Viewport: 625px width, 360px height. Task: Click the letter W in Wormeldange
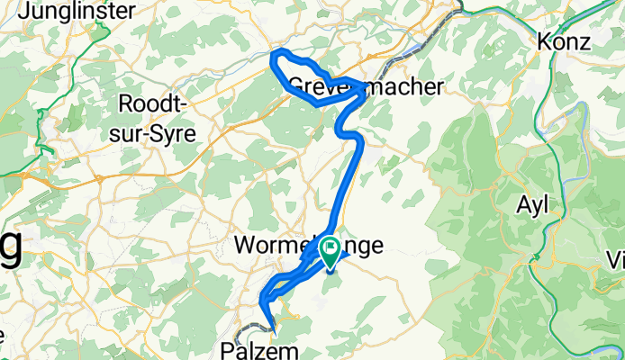pyautogui.click(x=242, y=245)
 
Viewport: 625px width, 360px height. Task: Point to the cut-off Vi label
pyautogui.click(x=616, y=260)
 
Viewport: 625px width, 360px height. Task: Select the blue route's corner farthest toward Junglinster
pyautogui.click(x=275, y=56)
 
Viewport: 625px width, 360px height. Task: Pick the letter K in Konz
pyautogui.click(x=546, y=41)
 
